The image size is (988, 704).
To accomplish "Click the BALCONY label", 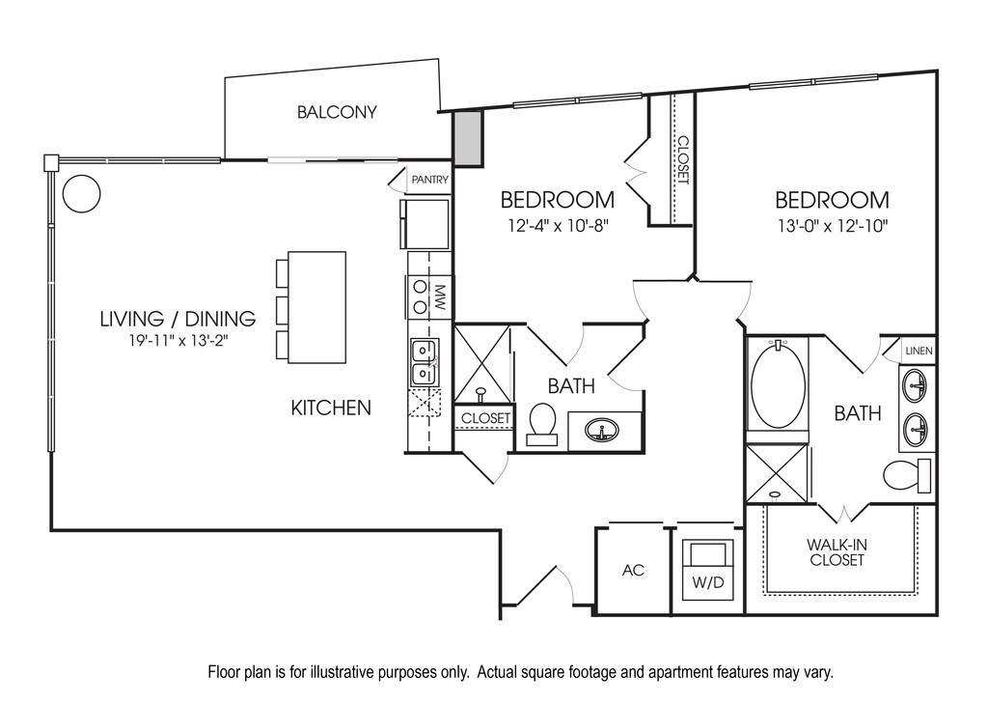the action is click(x=336, y=112).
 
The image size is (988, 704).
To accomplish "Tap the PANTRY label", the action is click(x=428, y=180).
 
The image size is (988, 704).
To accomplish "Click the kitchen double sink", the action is click(x=423, y=362).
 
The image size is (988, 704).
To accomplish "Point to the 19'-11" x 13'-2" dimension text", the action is click(x=178, y=340).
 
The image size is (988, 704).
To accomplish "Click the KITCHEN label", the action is click(x=331, y=408).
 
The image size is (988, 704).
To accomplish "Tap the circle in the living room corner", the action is click(x=81, y=193).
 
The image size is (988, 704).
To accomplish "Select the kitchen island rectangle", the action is click(x=316, y=306).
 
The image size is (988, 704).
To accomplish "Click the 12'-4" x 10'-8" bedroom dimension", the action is click(x=557, y=226).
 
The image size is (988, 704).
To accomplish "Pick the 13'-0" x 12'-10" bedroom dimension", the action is click(x=832, y=226).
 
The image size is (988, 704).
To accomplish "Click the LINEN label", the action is click(x=918, y=351).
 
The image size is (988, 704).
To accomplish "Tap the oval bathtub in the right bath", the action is click(x=778, y=386).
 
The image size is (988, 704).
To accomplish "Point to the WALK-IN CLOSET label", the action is click(x=837, y=552).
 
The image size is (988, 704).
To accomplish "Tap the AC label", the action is click(x=632, y=570).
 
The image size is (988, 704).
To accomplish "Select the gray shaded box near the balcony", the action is click(x=468, y=137).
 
